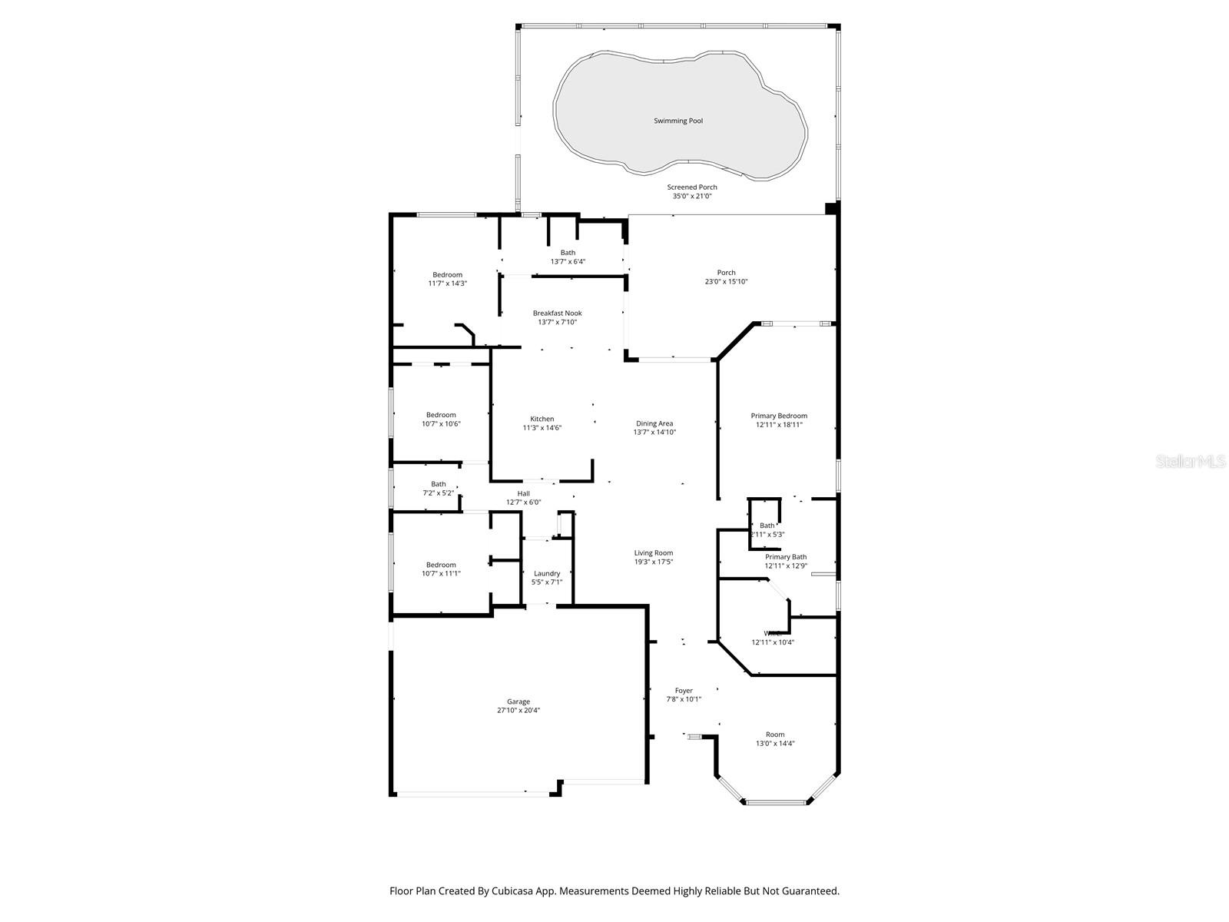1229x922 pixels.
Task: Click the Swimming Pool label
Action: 677,121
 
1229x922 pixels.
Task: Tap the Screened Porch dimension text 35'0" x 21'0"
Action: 691,197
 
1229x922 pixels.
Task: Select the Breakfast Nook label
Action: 557,313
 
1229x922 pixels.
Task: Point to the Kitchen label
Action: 542,420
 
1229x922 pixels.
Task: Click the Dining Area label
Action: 654,423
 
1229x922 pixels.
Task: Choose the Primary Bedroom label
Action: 779,416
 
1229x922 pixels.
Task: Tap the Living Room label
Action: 653,553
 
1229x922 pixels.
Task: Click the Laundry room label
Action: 547,574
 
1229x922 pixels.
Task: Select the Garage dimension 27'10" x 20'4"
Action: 518,711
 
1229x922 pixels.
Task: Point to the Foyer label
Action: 683,691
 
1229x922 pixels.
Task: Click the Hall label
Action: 523,494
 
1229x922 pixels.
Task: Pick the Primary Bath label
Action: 786,557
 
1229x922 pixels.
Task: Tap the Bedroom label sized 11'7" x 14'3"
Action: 447,275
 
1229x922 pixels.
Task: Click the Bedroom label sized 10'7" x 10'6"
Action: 441,415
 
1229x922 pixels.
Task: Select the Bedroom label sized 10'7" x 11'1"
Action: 441,565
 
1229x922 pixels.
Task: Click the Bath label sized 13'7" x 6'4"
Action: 568,253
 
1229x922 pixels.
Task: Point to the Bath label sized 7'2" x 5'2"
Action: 438,484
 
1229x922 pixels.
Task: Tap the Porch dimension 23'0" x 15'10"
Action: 726,282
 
